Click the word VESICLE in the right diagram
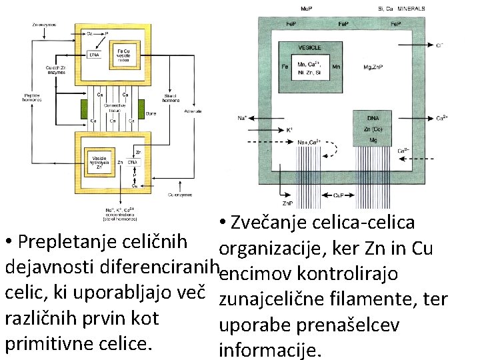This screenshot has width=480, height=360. point(309,48)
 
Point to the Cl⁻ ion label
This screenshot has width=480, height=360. point(440,45)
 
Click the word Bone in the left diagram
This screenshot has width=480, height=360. point(151,113)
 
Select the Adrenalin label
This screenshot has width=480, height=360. point(193,111)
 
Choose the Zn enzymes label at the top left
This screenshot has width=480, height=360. point(44,25)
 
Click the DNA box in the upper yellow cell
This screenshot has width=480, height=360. point(95,55)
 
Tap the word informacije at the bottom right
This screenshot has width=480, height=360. point(270,349)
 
